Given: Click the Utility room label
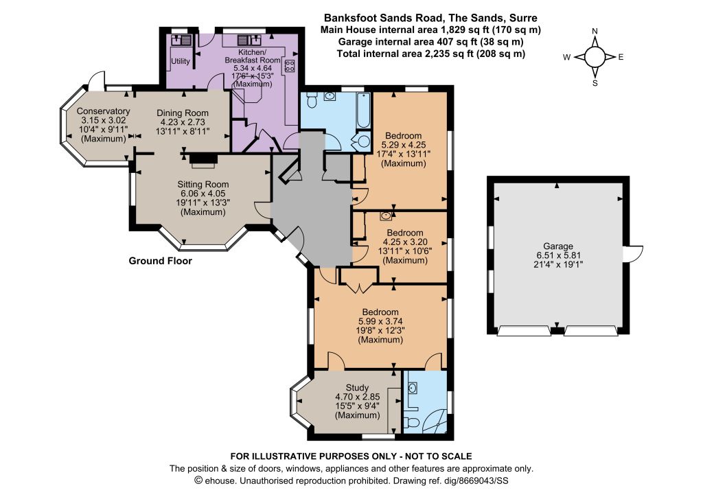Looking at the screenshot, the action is click(x=181, y=61).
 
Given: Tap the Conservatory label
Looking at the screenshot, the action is click(x=103, y=111).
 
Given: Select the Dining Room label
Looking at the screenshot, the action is click(x=183, y=113).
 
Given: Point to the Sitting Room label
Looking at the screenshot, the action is click(x=203, y=184).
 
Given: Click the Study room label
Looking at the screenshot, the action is click(x=357, y=388).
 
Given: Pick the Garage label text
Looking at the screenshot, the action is click(x=558, y=246).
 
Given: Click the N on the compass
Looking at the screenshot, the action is click(x=595, y=31).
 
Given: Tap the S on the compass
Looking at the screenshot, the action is click(x=595, y=83).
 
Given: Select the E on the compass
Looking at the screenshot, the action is click(x=621, y=57).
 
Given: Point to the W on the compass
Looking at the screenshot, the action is click(x=567, y=57).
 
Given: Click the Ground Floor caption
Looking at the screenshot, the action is click(x=160, y=261).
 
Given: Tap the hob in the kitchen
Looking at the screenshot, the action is click(x=290, y=67).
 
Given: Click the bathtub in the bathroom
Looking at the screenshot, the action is click(x=363, y=111).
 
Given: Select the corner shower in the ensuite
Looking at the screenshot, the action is click(x=435, y=421).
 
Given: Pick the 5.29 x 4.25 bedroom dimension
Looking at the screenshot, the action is click(x=404, y=145).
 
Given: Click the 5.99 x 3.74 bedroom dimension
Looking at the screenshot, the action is click(x=380, y=321).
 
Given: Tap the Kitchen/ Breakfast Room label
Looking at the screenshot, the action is click(x=253, y=56).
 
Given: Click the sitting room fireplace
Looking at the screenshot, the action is click(x=203, y=159).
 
